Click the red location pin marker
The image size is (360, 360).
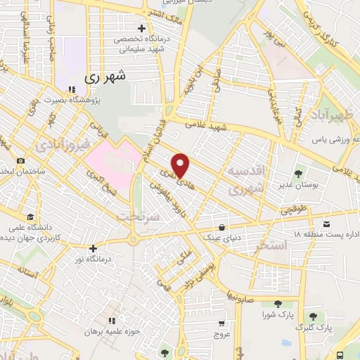tap(181, 165)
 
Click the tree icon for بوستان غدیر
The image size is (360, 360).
tap(298, 172)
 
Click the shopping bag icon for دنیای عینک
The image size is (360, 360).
tap(222, 227)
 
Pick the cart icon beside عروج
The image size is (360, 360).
tap(221, 323)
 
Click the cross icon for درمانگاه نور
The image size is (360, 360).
tap(93, 247)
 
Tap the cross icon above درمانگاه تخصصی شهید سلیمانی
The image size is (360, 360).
tap(142, 29)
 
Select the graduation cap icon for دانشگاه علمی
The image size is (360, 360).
tap(30, 217)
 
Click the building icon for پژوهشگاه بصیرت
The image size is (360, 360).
tap(73, 89)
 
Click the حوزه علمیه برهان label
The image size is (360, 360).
tap(110, 330)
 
